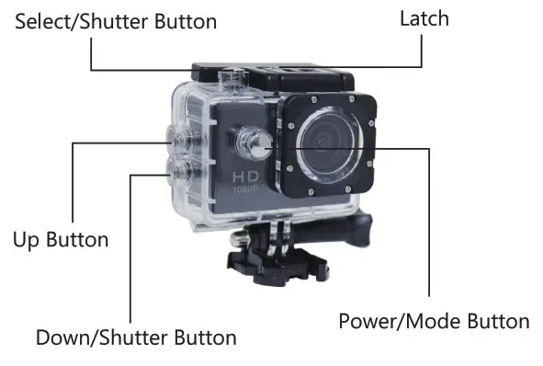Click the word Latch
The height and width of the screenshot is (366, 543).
coord(424,18)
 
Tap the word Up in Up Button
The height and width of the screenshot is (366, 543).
coord(27,240)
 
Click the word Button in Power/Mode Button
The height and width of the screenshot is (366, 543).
coord(497,321)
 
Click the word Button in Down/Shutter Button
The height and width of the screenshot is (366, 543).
coord(205,337)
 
